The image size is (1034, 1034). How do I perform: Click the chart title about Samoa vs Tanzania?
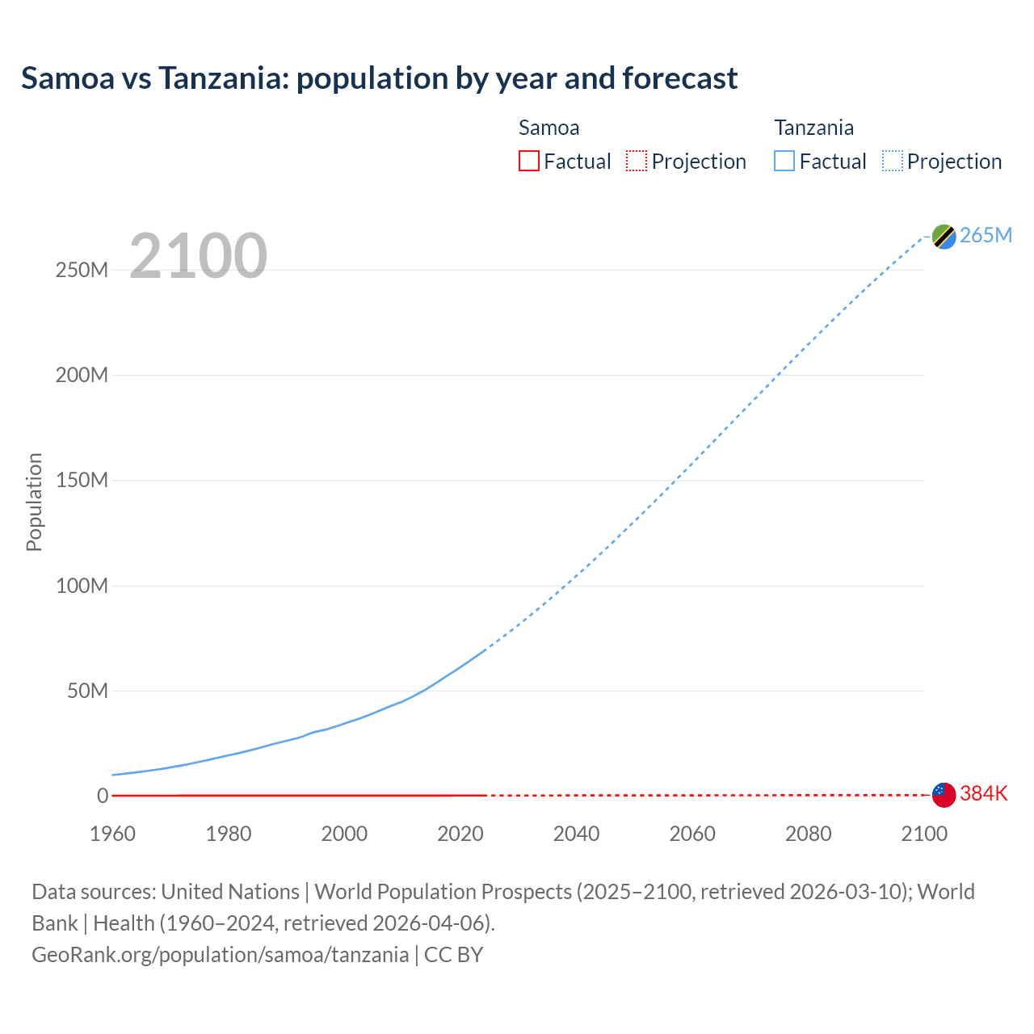pyautogui.click(x=379, y=78)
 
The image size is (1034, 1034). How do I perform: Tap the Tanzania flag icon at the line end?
pyautogui.click(x=944, y=236)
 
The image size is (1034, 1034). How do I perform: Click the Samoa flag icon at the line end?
pyautogui.click(x=944, y=795)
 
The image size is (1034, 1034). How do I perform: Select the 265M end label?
pyautogui.click(x=986, y=235)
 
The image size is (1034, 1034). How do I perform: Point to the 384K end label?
pyautogui.click(x=984, y=794)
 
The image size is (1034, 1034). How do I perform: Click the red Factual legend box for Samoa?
pyautogui.click(x=529, y=162)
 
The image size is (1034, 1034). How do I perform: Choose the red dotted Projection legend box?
pyautogui.click(x=637, y=162)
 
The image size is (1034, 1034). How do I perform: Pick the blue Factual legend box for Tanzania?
pyautogui.click(x=784, y=162)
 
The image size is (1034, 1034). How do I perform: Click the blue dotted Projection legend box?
pyautogui.click(x=893, y=162)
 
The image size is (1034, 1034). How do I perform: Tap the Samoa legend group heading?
pyautogui.click(x=549, y=128)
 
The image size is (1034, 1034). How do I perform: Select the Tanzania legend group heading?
pyautogui.click(x=813, y=128)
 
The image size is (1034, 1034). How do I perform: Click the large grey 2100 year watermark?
pyautogui.click(x=198, y=256)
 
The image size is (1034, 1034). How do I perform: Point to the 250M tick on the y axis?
pyautogui.click(x=82, y=270)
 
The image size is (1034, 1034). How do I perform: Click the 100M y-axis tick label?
pyautogui.click(x=82, y=586)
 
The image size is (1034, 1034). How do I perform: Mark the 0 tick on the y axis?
pyautogui.click(x=103, y=796)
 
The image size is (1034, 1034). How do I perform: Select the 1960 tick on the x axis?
pyautogui.click(x=112, y=834)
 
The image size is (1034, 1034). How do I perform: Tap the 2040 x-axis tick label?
pyautogui.click(x=576, y=834)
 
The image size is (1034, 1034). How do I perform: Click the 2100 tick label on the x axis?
pyautogui.click(x=924, y=834)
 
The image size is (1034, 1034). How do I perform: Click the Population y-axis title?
pyautogui.click(x=34, y=502)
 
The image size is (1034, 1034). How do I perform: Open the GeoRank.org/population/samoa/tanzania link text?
pyautogui.click(x=220, y=955)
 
